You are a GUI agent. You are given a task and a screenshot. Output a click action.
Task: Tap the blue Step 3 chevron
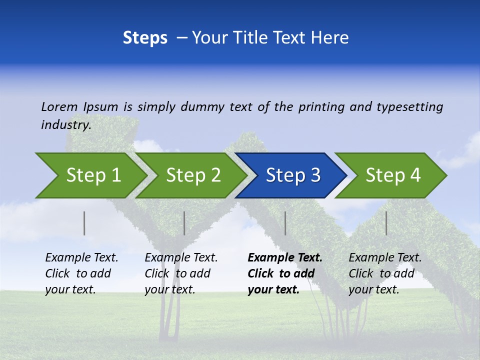click(x=293, y=175)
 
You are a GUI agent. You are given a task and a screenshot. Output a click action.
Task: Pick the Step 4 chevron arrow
click(x=393, y=175)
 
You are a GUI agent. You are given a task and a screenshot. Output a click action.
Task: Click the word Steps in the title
click(x=145, y=38)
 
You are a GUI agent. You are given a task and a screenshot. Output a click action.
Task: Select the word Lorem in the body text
click(x=59, y=106)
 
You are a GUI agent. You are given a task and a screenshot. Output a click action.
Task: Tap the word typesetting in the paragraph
click(x=409, y=106)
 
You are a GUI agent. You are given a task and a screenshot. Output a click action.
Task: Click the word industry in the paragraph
click(x=66, y=125)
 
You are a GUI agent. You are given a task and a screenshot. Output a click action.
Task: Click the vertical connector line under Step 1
click(x=84, y=223)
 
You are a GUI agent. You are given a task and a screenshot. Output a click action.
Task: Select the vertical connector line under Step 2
click(x=184, y=223)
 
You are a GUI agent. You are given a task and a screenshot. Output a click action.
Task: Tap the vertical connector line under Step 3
click(x=285, y=223)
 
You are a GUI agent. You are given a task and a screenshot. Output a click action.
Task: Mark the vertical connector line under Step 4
click(x=386, y=223)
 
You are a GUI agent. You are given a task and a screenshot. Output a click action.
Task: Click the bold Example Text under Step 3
click(x=285, y=258)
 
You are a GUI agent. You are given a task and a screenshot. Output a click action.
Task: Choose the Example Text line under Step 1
click(x=81, y=258)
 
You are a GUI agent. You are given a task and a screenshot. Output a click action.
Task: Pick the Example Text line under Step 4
click(x=385, y=258)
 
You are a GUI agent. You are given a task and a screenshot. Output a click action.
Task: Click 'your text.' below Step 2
click(x=169, y=289)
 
